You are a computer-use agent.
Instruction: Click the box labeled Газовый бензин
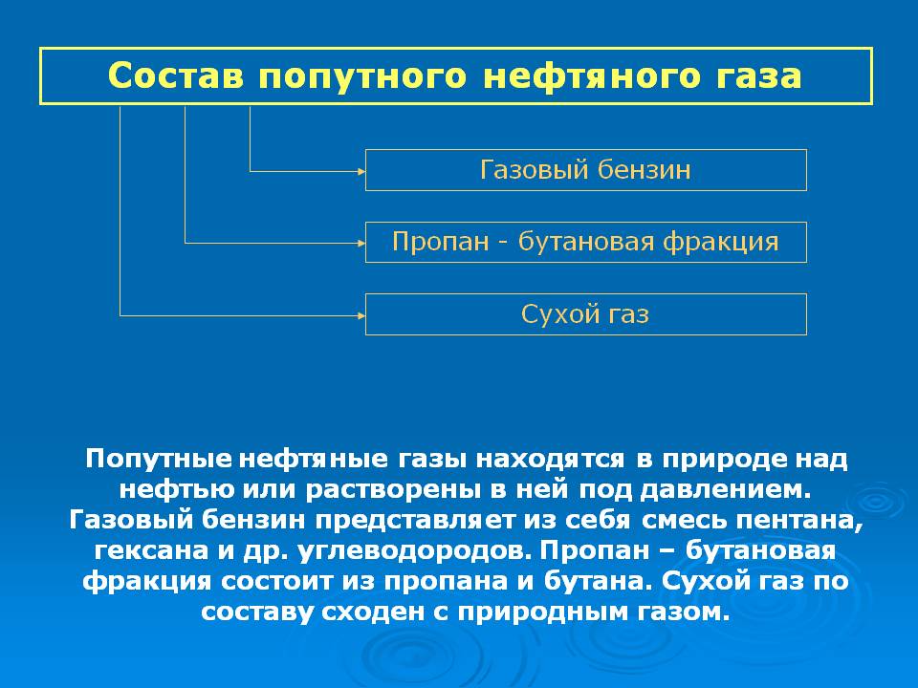(x=585, y=170)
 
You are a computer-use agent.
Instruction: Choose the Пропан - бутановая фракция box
(x=585, y=242)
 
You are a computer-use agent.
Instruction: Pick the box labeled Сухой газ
(x=585, y=313)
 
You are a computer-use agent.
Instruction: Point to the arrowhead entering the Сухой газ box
(x=361, y=313)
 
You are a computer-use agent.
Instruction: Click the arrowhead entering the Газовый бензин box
(x=361, y=171)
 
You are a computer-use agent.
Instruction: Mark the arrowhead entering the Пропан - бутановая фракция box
(x=361, y=243)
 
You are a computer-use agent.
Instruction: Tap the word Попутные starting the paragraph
(x=159, y=458)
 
